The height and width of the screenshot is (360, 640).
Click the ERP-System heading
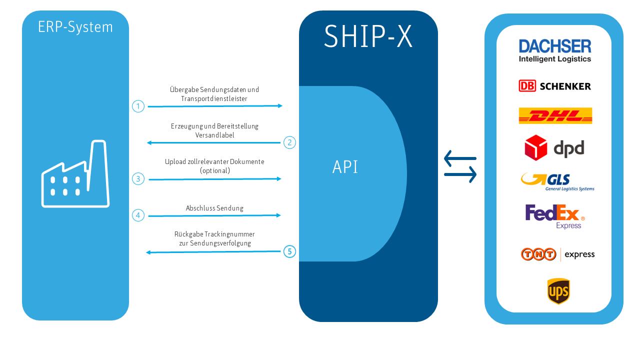75,27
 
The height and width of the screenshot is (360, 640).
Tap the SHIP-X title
368,36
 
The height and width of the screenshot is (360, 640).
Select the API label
345,167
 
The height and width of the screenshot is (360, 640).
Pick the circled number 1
138,106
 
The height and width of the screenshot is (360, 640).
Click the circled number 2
289,142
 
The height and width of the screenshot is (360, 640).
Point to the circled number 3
138,178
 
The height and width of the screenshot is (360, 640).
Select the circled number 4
138,215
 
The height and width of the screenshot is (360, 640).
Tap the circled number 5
289,251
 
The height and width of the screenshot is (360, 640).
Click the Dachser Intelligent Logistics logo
555,50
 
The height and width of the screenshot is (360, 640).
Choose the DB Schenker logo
555,86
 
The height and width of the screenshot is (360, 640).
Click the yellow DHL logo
555,116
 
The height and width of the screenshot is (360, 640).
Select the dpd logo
554,147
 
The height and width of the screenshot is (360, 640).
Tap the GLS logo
557,181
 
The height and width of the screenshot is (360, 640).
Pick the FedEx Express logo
555,216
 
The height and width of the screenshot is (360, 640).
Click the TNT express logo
557,254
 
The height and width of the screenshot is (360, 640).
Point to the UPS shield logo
558,291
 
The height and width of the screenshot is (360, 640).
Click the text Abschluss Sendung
214,208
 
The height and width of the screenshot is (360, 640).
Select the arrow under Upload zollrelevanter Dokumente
215,179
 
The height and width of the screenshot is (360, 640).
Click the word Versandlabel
214,135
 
